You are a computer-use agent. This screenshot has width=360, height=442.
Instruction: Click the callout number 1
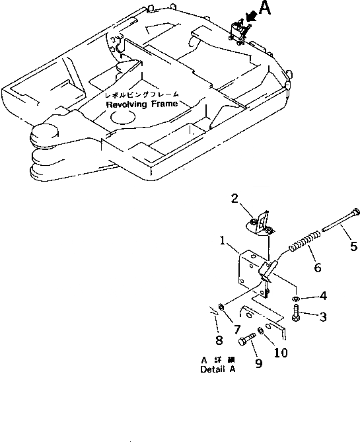click(x=225, y=242)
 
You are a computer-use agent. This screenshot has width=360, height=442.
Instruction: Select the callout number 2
click(x=234, y=198)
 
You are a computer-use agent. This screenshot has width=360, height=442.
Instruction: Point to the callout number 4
click(x=322, y=296)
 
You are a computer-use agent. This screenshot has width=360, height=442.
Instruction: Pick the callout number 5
click(x=353, y=247)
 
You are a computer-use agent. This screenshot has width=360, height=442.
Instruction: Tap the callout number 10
click(x=280, y=353)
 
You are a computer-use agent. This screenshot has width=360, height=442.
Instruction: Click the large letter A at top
click(x=265, y=9)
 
